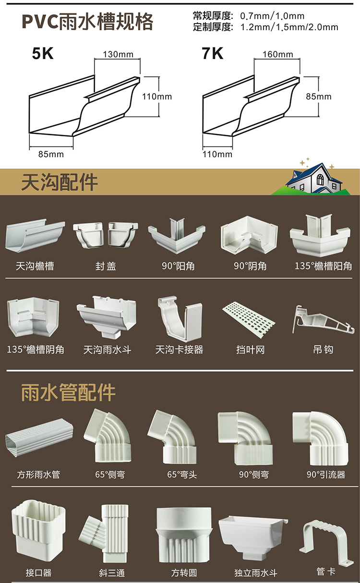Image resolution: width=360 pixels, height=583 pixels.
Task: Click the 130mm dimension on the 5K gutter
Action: click(118, 54)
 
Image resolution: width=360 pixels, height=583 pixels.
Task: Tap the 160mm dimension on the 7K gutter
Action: click(277, 54)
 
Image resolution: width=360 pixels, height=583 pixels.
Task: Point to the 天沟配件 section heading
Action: click(60, 182)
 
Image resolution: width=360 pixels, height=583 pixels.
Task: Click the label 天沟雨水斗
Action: click(107, 350)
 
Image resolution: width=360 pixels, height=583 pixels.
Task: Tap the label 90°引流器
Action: click(325, 474)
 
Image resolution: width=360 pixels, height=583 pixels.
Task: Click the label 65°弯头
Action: click(182, 474)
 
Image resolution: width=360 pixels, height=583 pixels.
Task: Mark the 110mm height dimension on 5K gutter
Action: click(157, 97)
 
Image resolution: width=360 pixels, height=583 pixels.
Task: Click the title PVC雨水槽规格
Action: click(88, 22)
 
